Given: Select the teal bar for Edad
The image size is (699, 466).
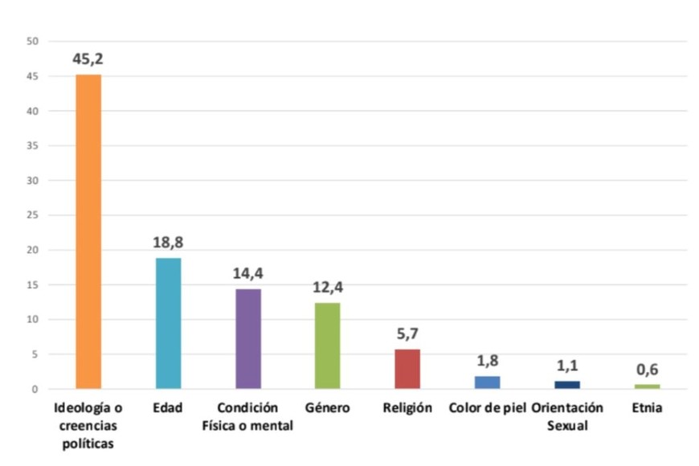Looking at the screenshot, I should coord(168,323).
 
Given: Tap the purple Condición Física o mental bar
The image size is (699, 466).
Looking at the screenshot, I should coord(247,338).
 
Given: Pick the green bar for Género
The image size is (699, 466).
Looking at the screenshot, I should coord(327,345).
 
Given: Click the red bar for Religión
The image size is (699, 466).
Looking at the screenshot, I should coord(407,369).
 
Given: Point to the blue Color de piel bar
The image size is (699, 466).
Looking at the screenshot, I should coord(487,382).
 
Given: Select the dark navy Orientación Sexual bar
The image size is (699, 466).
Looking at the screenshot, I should coord(567,385).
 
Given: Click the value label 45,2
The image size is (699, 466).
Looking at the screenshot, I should coord(88,59).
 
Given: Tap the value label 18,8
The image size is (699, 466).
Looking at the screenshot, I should coord(168,243).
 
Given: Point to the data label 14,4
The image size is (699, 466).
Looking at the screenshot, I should coord(247,273).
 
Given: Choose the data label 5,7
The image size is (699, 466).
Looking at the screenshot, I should coord(407,333).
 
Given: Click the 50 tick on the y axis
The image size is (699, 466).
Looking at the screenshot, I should coord(33,41).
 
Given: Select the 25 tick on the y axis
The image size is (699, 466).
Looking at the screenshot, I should coord(33,215).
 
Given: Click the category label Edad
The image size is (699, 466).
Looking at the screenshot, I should coord(168,408).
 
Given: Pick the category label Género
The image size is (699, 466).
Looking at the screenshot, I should coord(327,408).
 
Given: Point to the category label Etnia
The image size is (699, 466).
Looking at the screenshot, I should coord(647,408).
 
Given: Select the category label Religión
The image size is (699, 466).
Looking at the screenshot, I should coord(407,408).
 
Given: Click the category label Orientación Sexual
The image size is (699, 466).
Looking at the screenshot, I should coord(567,416).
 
